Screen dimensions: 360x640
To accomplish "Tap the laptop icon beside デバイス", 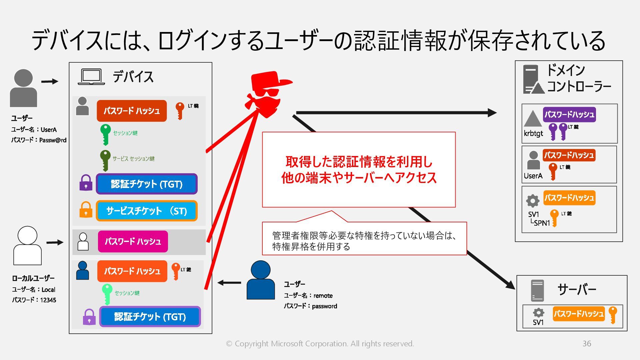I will (x=91, y=77).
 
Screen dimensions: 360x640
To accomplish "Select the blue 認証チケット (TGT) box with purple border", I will (x=147, y=184).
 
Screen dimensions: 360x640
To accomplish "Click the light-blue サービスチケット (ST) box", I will (x=147, y=211).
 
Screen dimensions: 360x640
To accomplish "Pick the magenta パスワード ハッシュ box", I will (x=133, y=241).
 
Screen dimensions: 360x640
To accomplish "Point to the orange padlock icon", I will (x=86, y=210).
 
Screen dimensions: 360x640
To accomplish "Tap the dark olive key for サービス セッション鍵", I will (x=105, y=160).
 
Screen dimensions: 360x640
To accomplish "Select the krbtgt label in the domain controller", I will (x=533, y=133).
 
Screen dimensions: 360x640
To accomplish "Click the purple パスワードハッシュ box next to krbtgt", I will (x=569, y=114).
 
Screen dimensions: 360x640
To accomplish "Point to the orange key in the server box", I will (x=613, y=315).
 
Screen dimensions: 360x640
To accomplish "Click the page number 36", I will (x=587, y=344).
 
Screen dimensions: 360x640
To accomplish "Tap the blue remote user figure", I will (x=261, y=280).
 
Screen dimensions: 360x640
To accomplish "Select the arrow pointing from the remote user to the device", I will (x=229, y=283).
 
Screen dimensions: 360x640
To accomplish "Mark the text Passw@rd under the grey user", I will (x=53, y=140).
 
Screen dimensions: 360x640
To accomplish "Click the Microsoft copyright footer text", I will (x=320, y=344).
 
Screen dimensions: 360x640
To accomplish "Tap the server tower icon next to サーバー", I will (x=537, y=290).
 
